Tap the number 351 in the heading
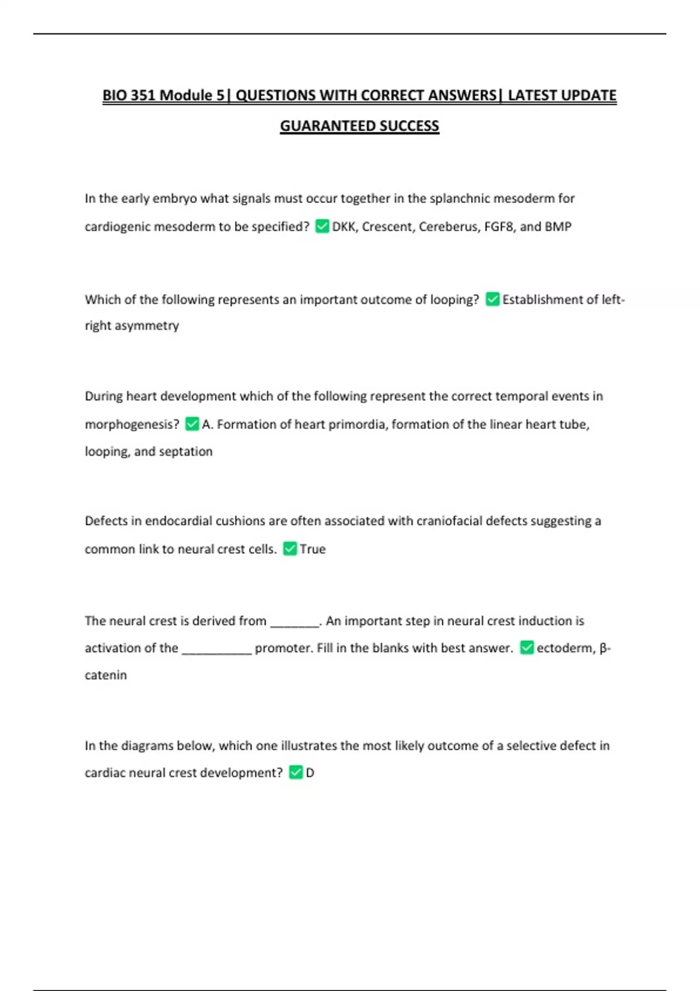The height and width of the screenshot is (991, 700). pos(143,96)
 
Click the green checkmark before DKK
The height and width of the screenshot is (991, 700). pos(322,226)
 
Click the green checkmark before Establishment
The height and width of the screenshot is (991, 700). pos(492,299)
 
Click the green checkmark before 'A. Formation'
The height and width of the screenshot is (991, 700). pos(192,424)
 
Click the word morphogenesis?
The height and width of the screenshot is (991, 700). pos(132,425)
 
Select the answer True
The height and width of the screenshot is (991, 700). pos(313,549)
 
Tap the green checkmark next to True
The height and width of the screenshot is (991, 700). pos(290,549)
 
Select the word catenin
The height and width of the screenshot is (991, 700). pos(106,675)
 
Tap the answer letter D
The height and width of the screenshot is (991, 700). pos(310,773)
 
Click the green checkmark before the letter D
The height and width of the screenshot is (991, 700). pos(296,772)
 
